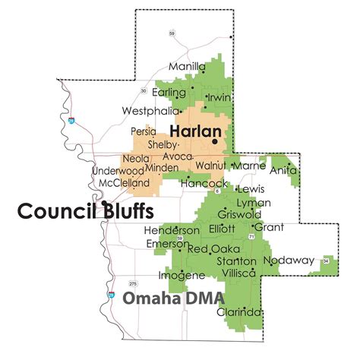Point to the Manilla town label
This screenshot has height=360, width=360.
188,68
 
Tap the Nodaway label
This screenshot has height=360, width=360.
289,261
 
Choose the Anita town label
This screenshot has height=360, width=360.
284,171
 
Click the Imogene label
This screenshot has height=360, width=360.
182,275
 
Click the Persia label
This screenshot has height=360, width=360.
144,131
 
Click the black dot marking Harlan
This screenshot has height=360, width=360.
215,141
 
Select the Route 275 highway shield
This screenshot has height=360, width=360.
133,284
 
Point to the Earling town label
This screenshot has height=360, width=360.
168,93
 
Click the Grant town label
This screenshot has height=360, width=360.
269,227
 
